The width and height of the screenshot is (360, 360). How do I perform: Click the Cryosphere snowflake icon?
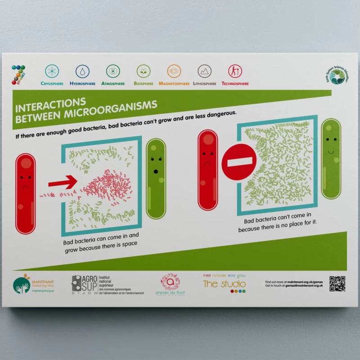[52, 71]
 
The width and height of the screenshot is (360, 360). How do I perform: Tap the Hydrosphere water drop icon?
[82, 71]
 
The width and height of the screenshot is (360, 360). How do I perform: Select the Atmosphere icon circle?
[113, 71]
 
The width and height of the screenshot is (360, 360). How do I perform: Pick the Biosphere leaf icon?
[144, 71]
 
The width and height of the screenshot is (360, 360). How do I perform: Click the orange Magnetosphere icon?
[174, 71]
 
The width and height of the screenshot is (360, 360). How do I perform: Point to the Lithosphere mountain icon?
[204, 71]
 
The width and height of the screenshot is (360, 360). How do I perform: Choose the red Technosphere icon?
[234, 71]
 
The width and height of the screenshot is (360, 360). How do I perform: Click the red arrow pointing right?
[63, 182]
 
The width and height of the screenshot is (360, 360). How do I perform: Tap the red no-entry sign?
[238, 162]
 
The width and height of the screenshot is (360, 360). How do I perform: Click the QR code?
[337, 283]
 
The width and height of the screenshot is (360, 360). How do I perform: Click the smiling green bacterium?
[332, 153]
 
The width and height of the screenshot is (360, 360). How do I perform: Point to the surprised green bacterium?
[156, 178]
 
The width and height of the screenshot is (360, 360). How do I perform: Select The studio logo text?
[224, 284]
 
